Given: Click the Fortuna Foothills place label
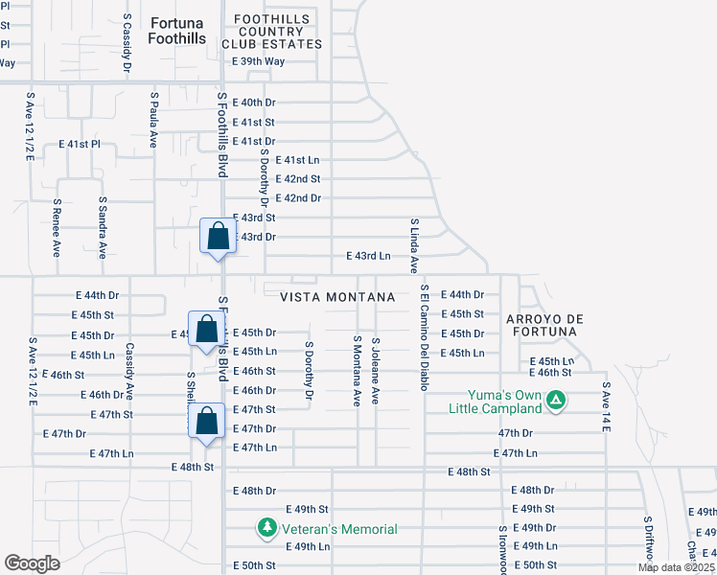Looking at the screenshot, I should coord(176,30).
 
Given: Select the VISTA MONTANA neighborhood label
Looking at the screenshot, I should coord(337,298).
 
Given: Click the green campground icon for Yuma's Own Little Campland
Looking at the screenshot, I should coord(554,400).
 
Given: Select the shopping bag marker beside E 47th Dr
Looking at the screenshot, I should coord(207,421).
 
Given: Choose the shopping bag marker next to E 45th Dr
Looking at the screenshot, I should coord(206,330).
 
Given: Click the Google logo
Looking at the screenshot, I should coord(32,563).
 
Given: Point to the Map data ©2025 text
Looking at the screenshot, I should coord(676,567).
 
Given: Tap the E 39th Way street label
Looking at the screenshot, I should coord(259,61).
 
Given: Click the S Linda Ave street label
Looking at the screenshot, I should coord(414,245).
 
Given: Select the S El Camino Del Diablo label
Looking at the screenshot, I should coord(423,336).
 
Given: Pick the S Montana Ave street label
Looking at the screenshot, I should coord(356,370).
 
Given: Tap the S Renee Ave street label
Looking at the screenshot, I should coord(57,228).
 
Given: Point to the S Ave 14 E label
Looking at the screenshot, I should coord(606,407).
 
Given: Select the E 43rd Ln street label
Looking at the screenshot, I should coord(368,256).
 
